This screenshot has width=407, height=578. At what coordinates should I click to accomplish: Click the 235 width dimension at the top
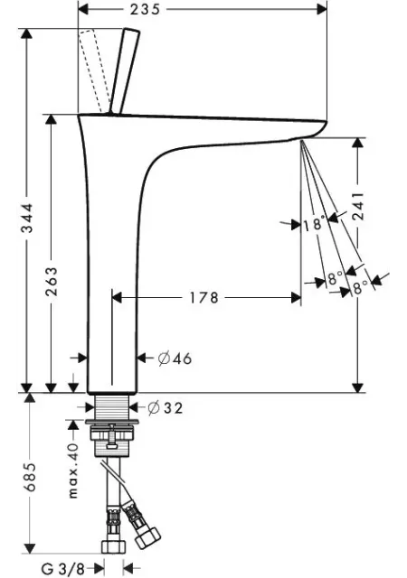point(145,9)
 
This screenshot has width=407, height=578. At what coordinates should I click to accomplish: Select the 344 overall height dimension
point(27,218)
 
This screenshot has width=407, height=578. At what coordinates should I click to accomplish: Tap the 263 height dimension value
point(52,282)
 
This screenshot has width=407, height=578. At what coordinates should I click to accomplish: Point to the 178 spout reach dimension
point(203,297)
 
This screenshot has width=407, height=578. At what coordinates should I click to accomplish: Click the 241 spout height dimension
point(358,206)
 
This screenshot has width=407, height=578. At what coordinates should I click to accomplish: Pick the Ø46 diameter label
point(175,359)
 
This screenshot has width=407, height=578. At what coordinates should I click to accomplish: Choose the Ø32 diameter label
point(166,407)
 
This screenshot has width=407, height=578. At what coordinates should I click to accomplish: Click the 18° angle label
point(315,225)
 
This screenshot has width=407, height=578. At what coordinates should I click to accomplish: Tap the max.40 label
point(73,471)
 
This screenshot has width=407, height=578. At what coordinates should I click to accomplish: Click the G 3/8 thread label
point(62,568)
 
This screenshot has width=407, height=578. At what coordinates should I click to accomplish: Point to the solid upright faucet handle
point(124,71)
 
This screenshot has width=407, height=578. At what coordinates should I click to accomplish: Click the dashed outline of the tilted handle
point(95,70)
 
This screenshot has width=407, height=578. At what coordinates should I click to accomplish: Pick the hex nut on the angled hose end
point(147,537)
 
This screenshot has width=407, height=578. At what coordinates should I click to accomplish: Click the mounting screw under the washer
point(113,436)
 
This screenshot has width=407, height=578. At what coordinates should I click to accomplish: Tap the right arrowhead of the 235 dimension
point(322,9)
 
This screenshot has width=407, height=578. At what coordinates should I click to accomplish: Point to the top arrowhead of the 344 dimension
point(26,33)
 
